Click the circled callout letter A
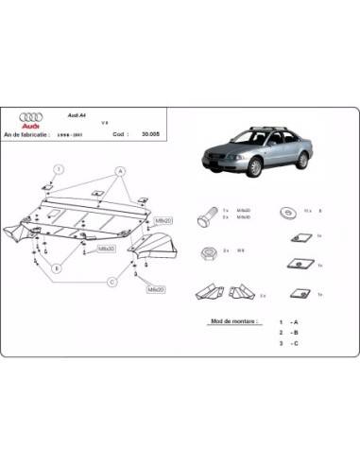pyautogui.click(x=120, y=171)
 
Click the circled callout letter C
pyautogui.click(x=111, y=281)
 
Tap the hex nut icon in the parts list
pyautogui.click(x=207, y=251)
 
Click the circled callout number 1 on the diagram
pyautogui.click(x=58, y=170)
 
